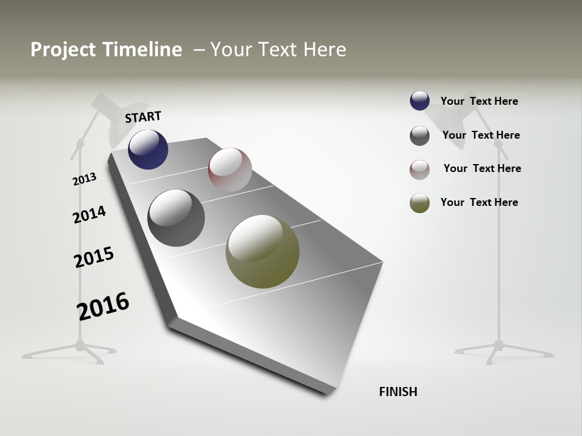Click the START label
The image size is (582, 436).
coord(143,116)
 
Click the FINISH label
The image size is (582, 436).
coord(398,392)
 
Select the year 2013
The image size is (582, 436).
coord(85,179)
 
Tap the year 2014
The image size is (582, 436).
coord(89,214)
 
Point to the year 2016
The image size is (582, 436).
coord(103,306)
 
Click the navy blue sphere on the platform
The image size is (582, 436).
coord(148,150)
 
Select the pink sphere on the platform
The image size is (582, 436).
coord(230,169)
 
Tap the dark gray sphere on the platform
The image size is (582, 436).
coord(176,218)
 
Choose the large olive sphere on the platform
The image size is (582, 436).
coord(263,251)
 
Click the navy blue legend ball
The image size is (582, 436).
coord(420,101)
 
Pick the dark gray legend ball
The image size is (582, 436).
coord(420,136)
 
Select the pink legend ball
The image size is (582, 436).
coord(420,170)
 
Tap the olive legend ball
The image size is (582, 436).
coord(420,203)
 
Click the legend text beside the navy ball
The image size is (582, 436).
coord(479,101)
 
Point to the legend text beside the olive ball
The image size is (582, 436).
coord(479,202)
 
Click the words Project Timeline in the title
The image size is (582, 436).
coord(106,50)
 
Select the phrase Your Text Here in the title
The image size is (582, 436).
coord(278,50)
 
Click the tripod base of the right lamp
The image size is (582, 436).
coord(501,349)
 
